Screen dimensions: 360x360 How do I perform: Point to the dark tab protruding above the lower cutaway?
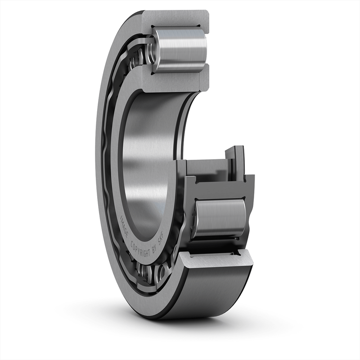[x=236, y=157]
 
